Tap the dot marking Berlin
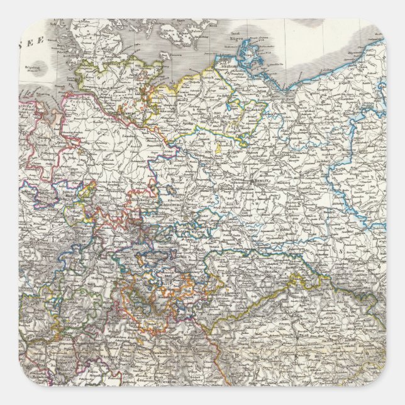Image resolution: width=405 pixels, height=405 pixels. pos(252,181)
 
